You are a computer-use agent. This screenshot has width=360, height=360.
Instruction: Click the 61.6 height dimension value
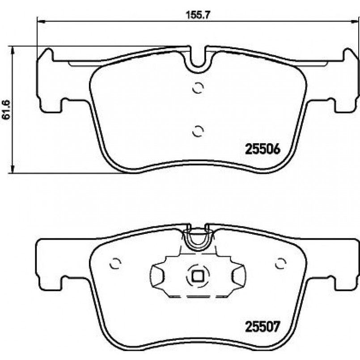7,110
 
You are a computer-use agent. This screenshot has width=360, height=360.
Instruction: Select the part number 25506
263,149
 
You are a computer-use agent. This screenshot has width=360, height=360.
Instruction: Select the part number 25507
263,326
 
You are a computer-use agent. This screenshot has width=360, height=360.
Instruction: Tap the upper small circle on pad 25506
198,88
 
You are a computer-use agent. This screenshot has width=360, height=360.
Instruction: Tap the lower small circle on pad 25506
198,131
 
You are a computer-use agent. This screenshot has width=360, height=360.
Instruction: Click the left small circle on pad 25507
115,263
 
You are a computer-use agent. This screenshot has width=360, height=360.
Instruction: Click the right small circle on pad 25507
280,263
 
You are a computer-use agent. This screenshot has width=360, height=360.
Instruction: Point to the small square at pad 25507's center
198,276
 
